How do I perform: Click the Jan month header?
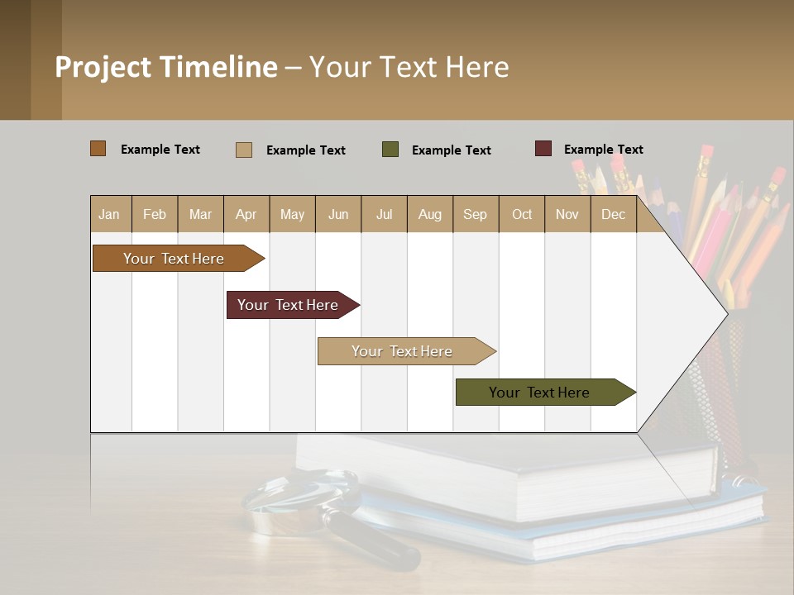click(x=109, y=214)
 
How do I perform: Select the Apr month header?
click(x=246, y=214)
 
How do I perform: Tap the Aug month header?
click(x=429, y=214)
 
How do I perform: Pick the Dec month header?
click(x=613, y=214)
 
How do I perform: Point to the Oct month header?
click(x=522, y=214)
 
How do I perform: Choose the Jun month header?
click(x=338, y=214)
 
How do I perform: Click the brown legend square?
click(x=98, y=149)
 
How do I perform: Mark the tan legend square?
click(x=243, y=150)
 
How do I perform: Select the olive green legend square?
click(x=390, y=150)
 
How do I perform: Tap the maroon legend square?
click(x=543, y=149)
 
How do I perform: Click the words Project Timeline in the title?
click(x=165, y=67)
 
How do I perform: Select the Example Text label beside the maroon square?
click(x=603, y=150)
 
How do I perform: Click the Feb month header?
click(x=155, y=214)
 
